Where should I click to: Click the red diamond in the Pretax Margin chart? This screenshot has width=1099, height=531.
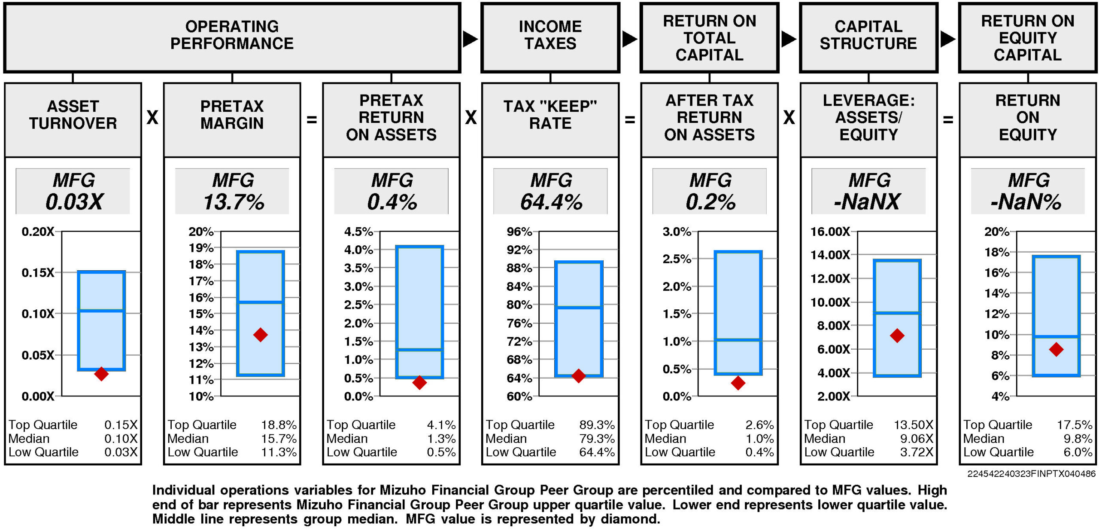point(260,335)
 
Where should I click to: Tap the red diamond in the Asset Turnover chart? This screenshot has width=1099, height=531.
point(101,374)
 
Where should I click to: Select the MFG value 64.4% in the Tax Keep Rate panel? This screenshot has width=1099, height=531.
point(551,202)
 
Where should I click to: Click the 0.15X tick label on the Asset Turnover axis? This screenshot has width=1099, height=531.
point(38,273)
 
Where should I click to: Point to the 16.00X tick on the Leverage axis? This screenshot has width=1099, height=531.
point(830,232)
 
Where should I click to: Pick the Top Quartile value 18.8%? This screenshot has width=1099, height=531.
point(279,425)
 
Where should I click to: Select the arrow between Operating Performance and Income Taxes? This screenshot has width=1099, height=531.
point(470,39)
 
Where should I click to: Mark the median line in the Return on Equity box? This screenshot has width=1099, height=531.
point(1056,336)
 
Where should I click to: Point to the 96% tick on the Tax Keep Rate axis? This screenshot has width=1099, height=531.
point(519,232)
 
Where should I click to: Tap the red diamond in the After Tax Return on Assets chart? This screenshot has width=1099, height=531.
point(738,383)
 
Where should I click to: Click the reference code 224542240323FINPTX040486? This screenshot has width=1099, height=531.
point(1031,473)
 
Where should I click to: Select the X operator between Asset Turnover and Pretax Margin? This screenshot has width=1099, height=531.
point(152,117)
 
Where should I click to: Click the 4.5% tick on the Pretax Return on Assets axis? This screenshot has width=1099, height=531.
point(358,232)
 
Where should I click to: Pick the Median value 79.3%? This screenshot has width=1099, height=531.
point(597,439)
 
